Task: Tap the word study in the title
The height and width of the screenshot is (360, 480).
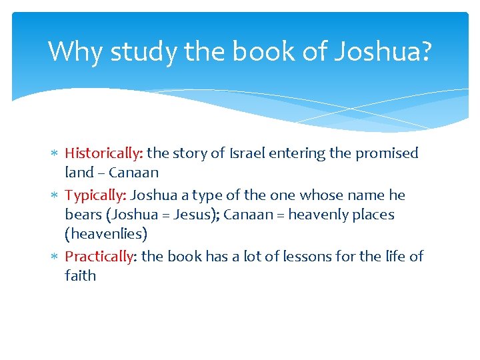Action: (142, 51)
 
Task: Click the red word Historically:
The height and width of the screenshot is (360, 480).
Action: (103, 153)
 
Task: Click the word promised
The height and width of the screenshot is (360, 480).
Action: (387, 153)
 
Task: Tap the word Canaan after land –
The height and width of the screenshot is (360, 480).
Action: (133, 173)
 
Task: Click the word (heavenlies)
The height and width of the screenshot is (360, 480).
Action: (106, 234)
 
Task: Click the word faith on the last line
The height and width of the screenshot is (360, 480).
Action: (80, 275)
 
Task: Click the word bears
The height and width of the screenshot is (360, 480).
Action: (82, 215)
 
